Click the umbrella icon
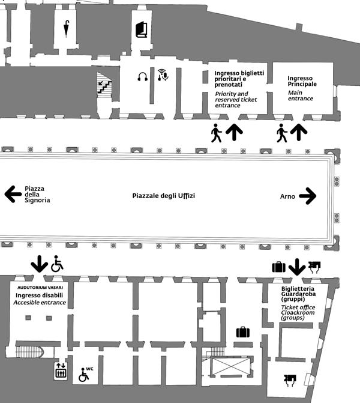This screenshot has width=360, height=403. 67,28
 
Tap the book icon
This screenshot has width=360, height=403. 141,29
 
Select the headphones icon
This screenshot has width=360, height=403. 143,76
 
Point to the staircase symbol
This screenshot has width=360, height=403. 104,84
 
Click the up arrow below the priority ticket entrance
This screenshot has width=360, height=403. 235,132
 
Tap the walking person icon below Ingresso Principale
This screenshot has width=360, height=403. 282,133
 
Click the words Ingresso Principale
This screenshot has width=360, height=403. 302,81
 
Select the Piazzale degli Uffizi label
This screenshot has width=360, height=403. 164,196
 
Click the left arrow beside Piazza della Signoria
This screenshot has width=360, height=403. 12,194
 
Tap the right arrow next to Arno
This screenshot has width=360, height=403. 307,196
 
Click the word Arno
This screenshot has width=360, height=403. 287,196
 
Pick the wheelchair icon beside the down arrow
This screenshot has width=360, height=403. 57,264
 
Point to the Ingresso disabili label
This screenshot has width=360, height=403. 40,295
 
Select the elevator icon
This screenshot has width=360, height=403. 60,371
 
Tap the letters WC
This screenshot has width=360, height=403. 90,369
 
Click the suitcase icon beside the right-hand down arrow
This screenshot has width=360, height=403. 278,267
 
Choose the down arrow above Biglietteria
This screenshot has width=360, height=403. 296,266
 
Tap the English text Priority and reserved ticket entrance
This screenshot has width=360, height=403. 232,99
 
